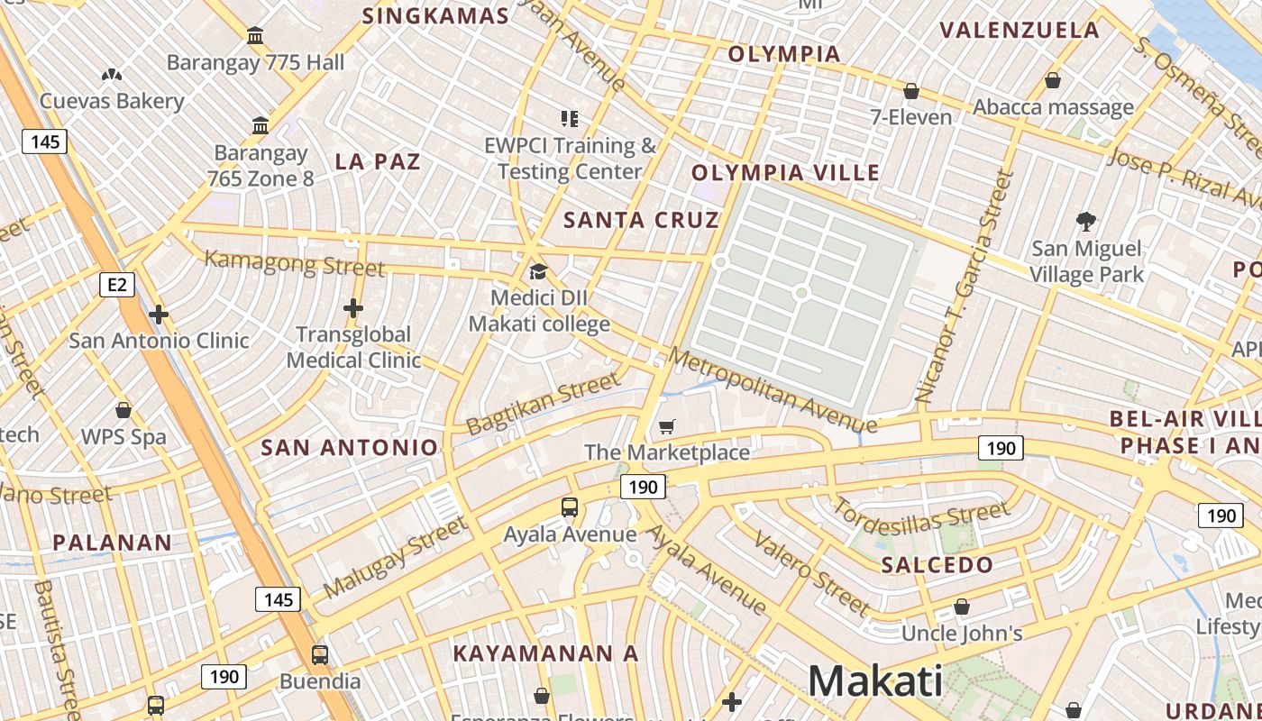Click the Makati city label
click(x=874, y=680)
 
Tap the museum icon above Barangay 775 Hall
click(x=255, y=36)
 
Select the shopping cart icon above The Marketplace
click(x=666, y=426)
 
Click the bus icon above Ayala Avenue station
click(x=570, y=507)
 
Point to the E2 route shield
click(x=116, y=286)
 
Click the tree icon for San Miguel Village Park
click(x=1086, y=221)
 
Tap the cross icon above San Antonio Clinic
click(x=159, y=315)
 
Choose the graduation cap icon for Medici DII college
click(x=538, y=271)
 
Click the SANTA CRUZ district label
click(x=641, y=220)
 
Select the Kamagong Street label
click(x=295, y=264)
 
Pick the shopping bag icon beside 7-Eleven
click(x=911, y=91)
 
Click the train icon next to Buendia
click(x=320, y=655)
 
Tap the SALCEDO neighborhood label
click(x=937, y=565)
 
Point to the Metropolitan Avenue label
click(x=773, y=390)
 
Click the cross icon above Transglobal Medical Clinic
click(x=353, y=308)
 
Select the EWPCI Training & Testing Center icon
click(x=569, y=118)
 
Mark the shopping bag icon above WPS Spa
click(x=123, y=410)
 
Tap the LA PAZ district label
click(x=378, y=162)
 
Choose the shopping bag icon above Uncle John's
click(x=962, y=607)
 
